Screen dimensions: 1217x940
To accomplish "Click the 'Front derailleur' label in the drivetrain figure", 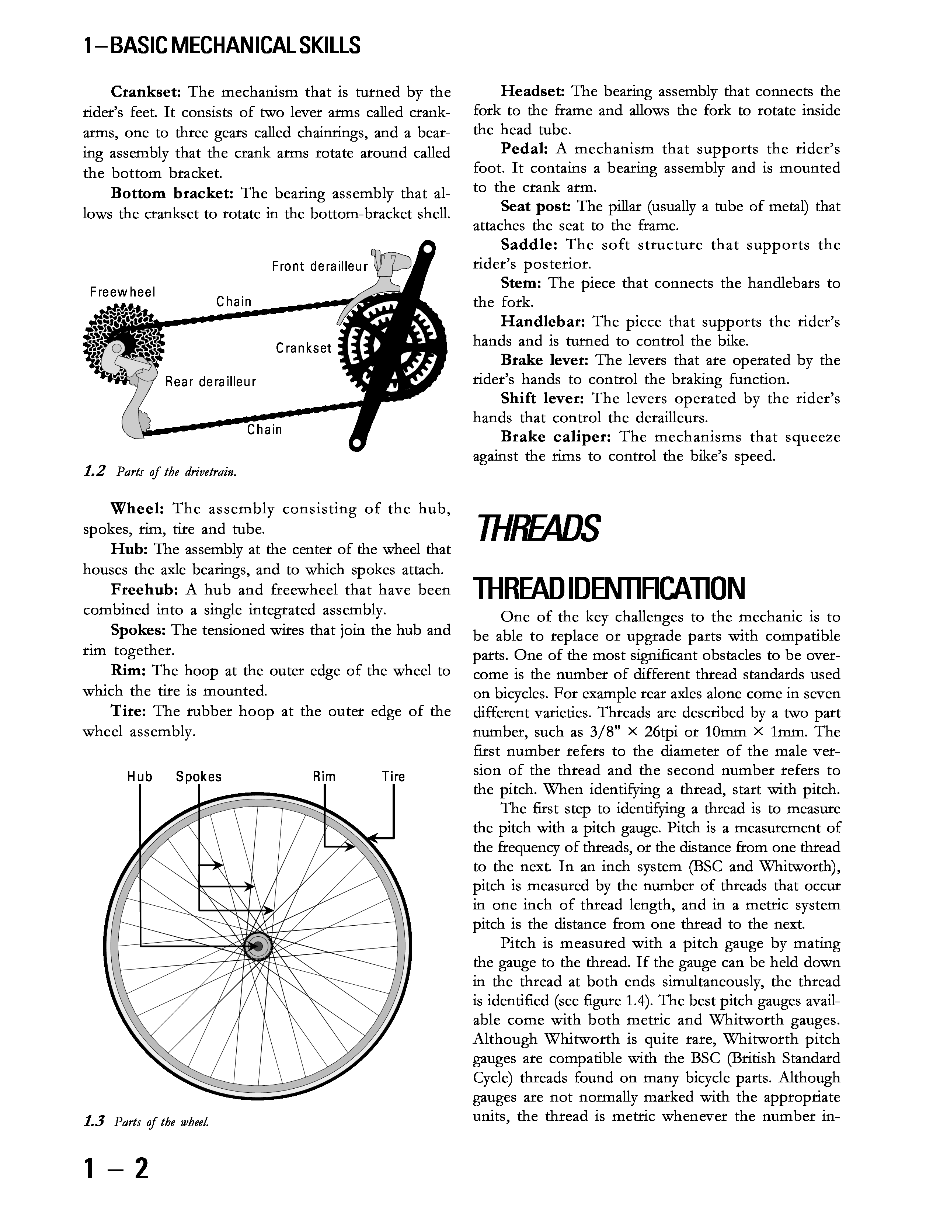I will click(320, 266).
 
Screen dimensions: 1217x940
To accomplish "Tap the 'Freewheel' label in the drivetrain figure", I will click(122, 292).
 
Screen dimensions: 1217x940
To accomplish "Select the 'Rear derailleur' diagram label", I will click(210, 382).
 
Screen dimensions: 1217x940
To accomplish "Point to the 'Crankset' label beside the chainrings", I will click(303, 348).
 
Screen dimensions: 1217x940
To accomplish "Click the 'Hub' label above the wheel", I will click(139, 777).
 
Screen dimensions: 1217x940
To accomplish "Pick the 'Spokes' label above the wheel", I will click(198, 777).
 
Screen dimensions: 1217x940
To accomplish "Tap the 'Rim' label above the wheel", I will click(324, 777).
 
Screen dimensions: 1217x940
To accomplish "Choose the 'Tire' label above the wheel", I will click(393, 777).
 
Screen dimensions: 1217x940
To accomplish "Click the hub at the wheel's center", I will click(258, 946).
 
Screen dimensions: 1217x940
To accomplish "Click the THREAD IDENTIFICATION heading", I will click(609, 589).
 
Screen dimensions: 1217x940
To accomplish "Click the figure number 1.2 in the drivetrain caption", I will click(94, 471).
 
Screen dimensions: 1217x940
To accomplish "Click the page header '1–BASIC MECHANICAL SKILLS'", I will click(222, 45).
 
